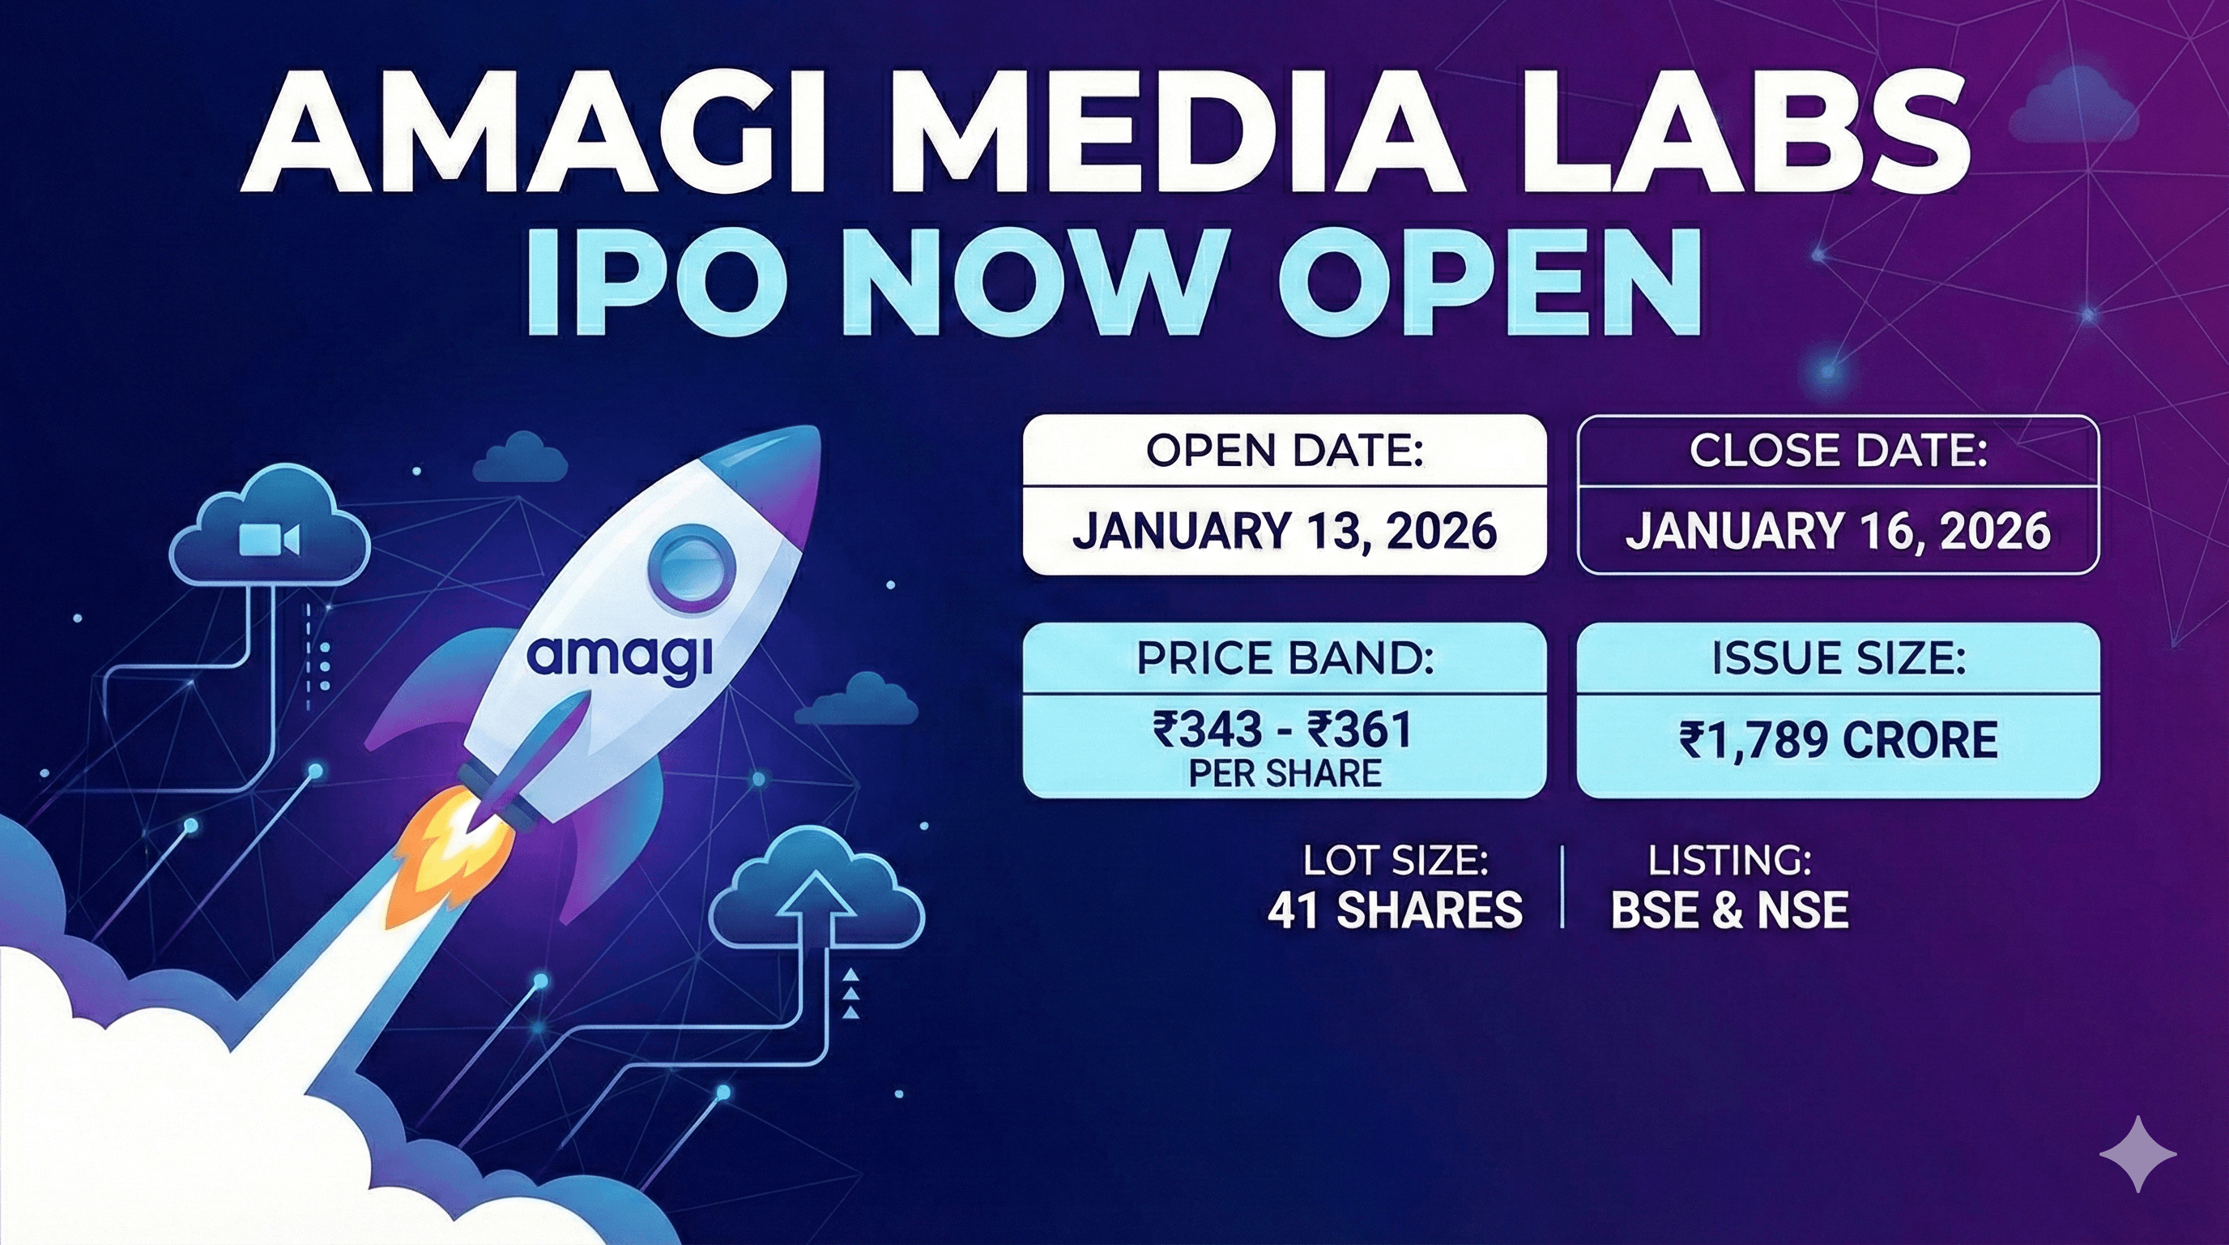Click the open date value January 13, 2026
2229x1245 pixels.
point(1284,530)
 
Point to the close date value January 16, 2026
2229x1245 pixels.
point(1838,530)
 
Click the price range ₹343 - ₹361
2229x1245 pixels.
point(1283,729)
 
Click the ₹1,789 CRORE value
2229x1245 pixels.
point(1838,741)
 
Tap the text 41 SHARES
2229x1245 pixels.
point(1395,910)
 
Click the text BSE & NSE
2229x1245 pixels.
point(1729,910)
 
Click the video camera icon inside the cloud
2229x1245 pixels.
point(268,538)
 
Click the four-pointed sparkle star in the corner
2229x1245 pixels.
point(2137,1153)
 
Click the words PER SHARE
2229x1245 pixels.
point(1285,774)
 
